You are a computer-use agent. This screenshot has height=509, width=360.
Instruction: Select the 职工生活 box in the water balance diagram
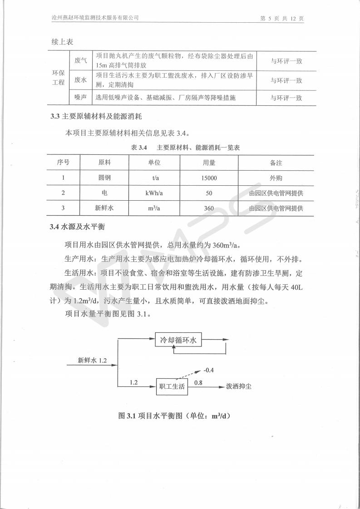tap(172, 386)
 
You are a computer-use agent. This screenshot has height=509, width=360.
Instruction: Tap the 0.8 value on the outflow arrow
tap(198, 383)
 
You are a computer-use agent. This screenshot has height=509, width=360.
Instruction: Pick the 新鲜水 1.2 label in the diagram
tap(92, 360)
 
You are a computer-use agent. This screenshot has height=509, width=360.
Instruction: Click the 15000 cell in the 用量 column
tap(209, 178)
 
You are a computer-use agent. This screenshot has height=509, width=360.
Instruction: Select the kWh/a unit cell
tap(154, 193)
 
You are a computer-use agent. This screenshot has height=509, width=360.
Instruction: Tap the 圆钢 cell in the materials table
tap(104, 178)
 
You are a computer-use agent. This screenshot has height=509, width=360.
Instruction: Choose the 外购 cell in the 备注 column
tap(276, 178)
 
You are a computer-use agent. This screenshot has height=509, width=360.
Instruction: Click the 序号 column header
tap(64, 163)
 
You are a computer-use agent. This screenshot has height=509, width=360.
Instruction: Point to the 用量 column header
tap(209, 163)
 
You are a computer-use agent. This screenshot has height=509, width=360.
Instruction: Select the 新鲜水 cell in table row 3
tap(104, 208)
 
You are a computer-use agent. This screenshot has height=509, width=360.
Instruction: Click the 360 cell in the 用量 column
tap(209, 208)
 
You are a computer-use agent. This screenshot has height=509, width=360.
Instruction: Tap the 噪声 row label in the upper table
tap(80, 98)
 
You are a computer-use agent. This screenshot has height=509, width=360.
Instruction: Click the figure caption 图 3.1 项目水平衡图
tap(174, 415)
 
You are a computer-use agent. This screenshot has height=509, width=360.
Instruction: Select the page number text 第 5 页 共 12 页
tap(281, 18)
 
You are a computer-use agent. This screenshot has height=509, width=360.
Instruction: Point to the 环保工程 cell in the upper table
tap(59, 79)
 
